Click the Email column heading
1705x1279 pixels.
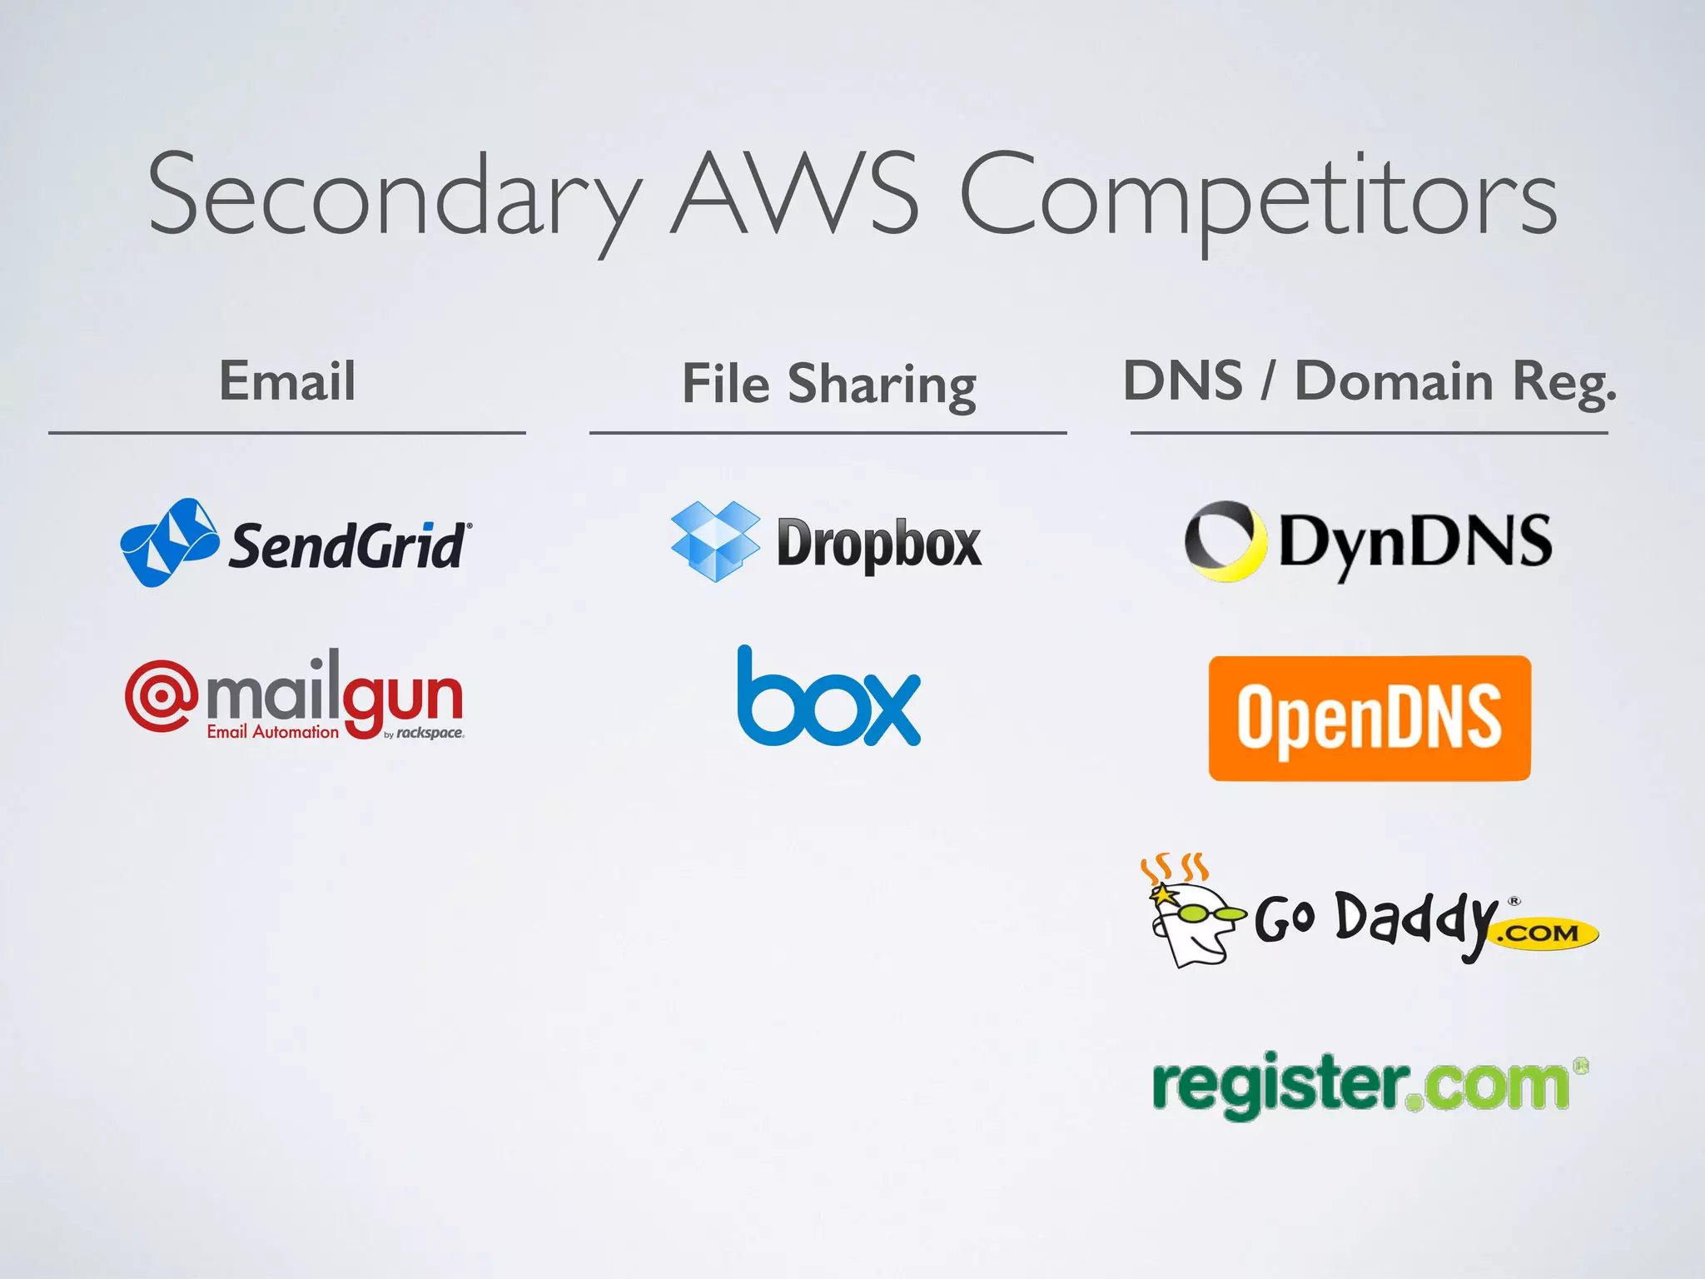click(x=287, y=381)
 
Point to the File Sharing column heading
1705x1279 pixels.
click(x=828, y=384)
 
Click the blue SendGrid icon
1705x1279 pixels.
click(x=169, y=542)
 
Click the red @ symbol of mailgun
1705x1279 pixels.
click(x=161, y=695)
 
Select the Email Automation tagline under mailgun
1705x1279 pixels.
click(x=273, y=732)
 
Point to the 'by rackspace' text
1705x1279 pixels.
click(x=424, y=734)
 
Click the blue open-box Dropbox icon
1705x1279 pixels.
click(x=715, y=541)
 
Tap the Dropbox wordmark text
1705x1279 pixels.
click(x=878, y=544)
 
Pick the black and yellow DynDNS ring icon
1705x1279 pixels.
click(x=1221, y=540)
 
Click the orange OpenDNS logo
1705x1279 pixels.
click(x=1369, y=718)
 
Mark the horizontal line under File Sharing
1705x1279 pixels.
click(x=828, y=433)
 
